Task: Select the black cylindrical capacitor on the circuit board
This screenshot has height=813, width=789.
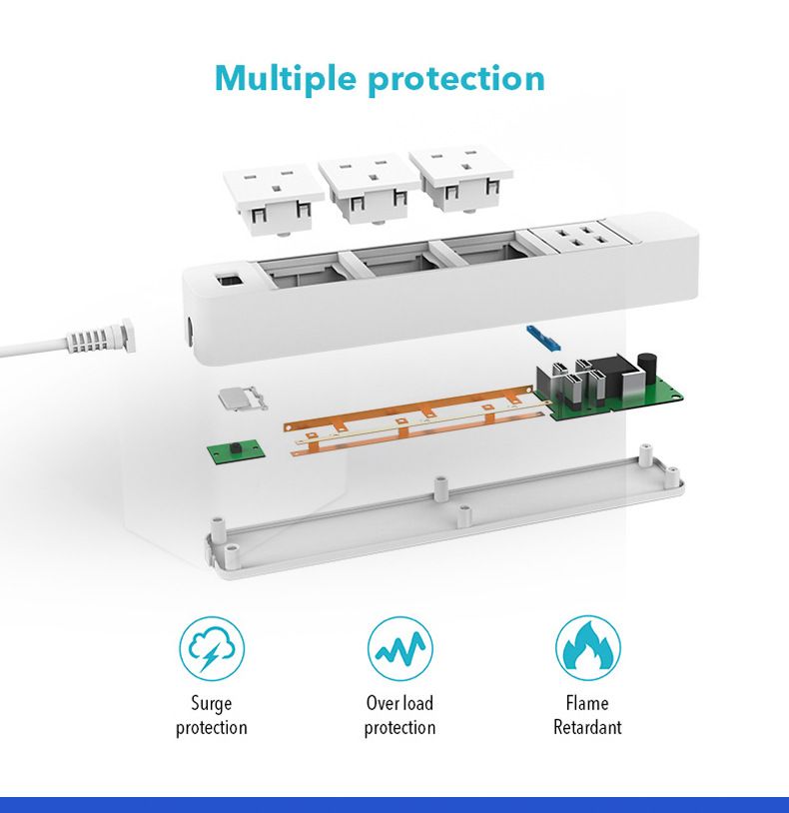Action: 648,366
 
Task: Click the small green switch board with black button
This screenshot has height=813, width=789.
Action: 232,451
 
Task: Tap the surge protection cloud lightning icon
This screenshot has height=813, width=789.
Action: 212,648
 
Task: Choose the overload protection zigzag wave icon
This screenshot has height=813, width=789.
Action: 399,648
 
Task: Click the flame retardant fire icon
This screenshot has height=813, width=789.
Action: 587,648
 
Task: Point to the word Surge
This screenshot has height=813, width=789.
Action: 212,703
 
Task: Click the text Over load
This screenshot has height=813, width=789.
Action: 399,703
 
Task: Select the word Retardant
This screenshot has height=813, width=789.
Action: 587,727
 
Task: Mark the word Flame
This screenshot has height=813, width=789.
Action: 587,703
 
